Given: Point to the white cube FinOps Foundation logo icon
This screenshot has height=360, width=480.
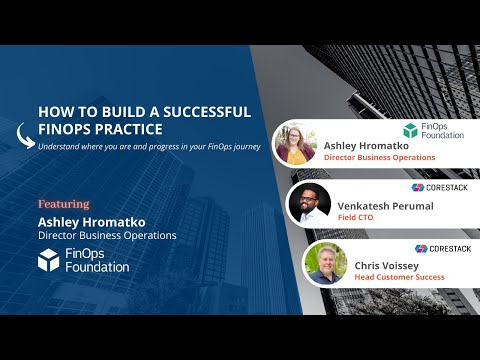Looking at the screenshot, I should pyautogui.click(x=49, y=260).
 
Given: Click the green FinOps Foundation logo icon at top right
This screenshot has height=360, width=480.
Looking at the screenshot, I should pyautogui.click(x=410, y=130).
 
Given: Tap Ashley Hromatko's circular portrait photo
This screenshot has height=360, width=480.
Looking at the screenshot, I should pyautogui.click(x=296, y=143).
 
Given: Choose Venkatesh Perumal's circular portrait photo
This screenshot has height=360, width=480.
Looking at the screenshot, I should pyautogui.click(x=309, y=203).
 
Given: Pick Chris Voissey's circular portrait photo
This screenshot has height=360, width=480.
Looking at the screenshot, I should pyautogui.click(x=326, y=263).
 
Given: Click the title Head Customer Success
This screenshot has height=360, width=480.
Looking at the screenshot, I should pyautogui.click(x=398, y=278).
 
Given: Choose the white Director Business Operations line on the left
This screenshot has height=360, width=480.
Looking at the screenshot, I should pyautogui.click(x=107, y=235).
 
